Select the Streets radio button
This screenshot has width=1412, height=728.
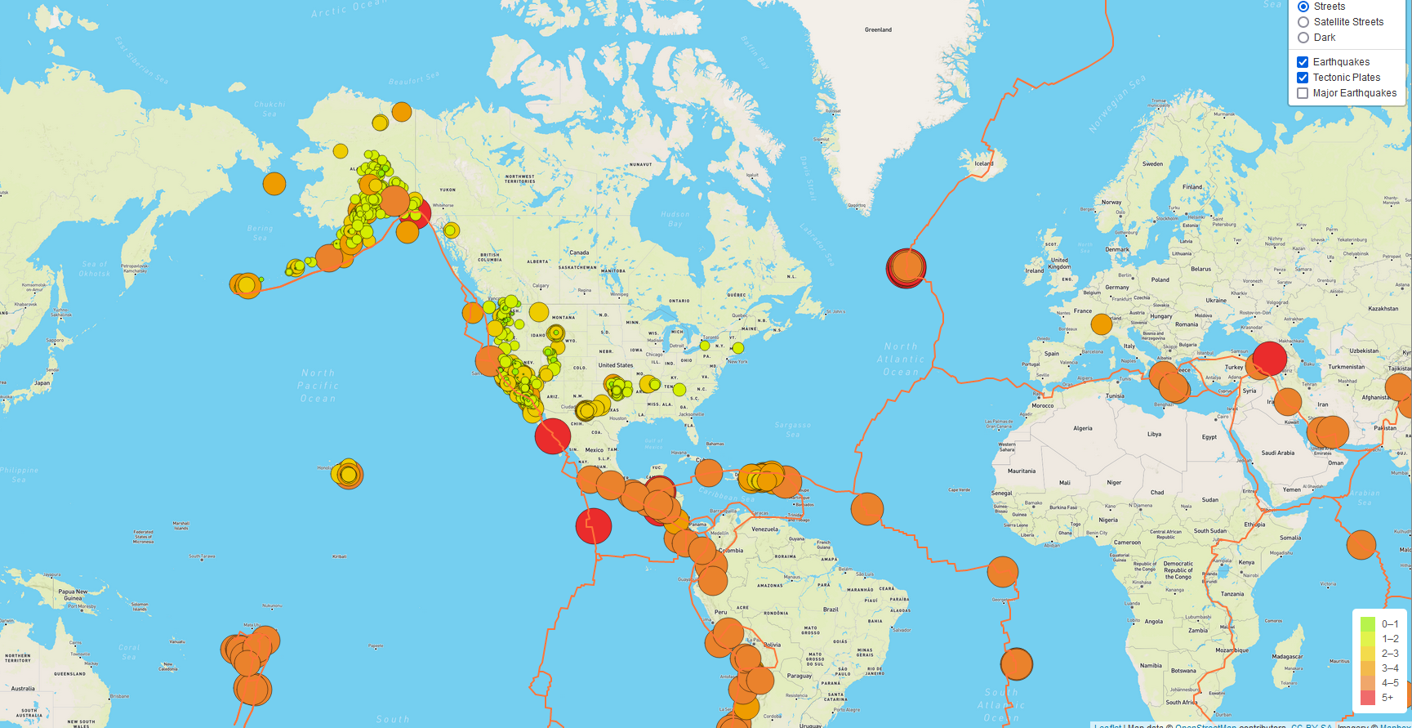click(1303, 7)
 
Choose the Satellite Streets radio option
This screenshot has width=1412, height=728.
click(1303, 22)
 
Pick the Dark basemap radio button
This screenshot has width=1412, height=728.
click(1303, 38)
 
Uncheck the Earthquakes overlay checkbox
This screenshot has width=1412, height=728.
click(1303, 62)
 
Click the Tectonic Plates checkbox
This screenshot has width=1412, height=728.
click(1303, 78)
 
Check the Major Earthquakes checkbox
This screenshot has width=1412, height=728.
click(1303, 93)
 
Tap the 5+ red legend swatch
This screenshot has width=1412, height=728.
click(1368, 697)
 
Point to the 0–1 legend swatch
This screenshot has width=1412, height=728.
click(1368, 624)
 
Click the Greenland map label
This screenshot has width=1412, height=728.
click(878, 30)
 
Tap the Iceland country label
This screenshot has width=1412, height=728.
click(984, 163)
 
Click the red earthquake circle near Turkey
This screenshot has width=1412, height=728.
click(1269, 358)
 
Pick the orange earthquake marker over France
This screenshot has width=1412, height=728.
click(1102, 324)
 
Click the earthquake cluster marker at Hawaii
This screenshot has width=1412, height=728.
click(348, 474)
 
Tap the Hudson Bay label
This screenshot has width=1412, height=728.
click(675, 219)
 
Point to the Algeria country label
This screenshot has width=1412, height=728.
click(1082, 428)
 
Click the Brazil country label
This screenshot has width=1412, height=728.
click(831, 610)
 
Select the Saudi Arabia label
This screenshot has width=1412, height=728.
click(1278, 453)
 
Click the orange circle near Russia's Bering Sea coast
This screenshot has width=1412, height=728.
click(274, 184)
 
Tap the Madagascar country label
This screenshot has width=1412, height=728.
click(1287, 656)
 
